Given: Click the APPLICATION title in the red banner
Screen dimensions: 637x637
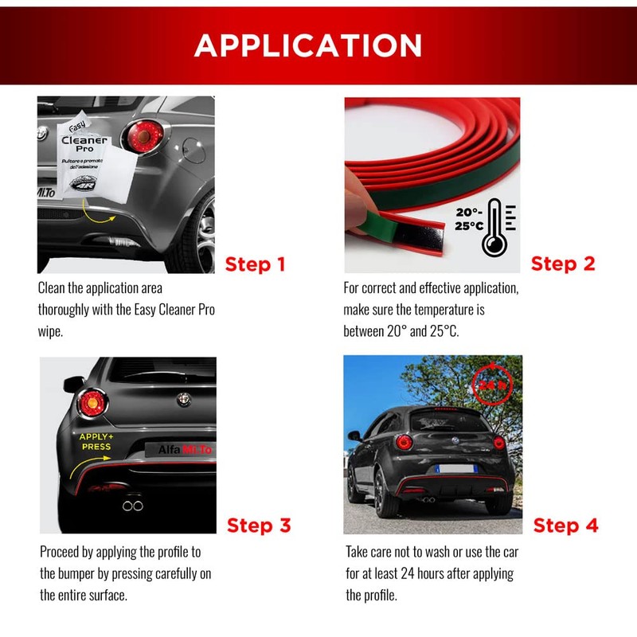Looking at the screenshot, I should tap(308, 45).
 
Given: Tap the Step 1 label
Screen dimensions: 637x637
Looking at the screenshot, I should tap(255, 264).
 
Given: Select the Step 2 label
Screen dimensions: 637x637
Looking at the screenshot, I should tap(563, 264).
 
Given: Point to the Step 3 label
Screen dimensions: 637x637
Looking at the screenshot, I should tap(259, 526).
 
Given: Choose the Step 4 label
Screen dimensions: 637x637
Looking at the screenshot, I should tap(565, 526).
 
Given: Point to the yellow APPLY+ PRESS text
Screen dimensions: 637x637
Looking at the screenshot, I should tap(96, 442).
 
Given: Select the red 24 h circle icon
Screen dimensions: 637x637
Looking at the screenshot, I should tap(487, 384).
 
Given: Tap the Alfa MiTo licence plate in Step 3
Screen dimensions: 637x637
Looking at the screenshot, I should tap(183, 451).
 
